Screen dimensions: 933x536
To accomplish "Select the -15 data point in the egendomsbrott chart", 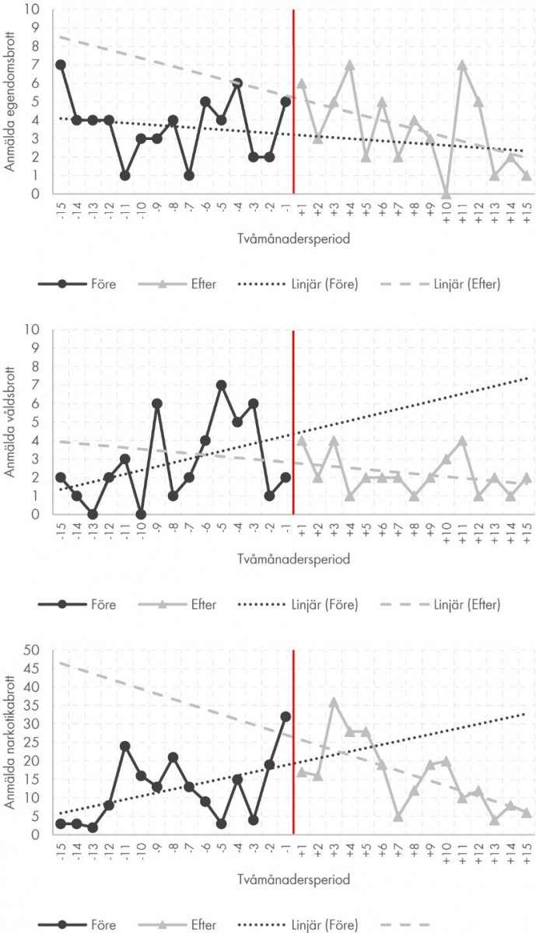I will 60,65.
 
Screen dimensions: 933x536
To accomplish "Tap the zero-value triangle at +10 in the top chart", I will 446,194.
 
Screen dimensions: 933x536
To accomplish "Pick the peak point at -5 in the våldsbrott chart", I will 221,385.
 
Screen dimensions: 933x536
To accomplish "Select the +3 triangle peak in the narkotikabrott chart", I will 334,701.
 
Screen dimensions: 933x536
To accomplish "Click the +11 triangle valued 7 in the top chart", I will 462,65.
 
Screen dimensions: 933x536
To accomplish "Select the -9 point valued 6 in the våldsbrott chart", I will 156,404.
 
